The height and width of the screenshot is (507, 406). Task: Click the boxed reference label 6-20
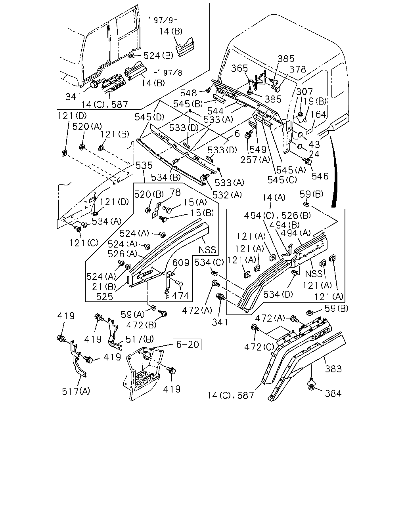(x=187, y=344)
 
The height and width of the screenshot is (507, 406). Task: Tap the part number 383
(x=333, y=369)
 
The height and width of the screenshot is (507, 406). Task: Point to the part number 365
(x=239, y=68)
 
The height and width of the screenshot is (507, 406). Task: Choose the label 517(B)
(x=140, y=339)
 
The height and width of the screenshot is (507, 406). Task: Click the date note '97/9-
(x=163, y=20)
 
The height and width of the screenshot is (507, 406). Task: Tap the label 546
(x=320, y=176)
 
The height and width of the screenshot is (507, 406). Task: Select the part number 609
(x=181, y=263)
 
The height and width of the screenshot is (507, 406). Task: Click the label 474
(x=180, y=295)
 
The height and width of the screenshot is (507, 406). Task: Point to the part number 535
(x=144, y=166)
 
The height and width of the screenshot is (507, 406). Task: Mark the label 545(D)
(x=149, y=117)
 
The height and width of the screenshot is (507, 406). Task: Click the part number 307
(x=304, y=91)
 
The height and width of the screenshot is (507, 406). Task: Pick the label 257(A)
(x=255, y=160)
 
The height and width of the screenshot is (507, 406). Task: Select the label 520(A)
(x=87, y=126)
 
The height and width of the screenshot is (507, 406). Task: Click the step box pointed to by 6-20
(x=144, y=374)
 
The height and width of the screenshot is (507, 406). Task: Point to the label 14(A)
(x=274, y=197)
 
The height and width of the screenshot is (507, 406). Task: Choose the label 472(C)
(x=259, y=347)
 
